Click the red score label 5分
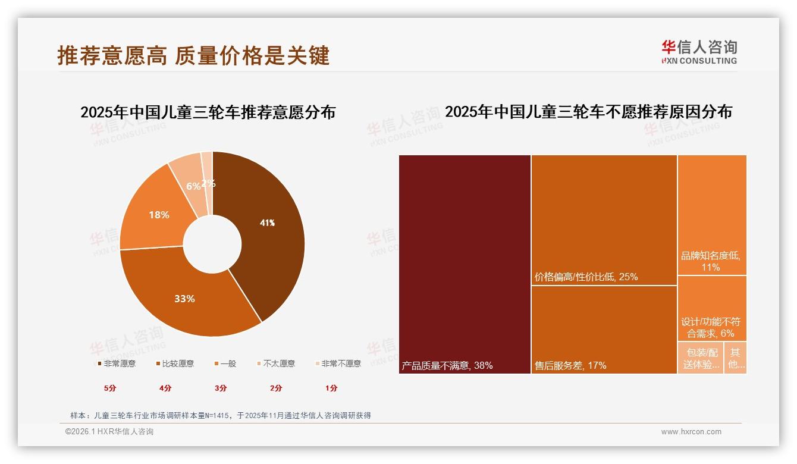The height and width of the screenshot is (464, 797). coord(110,388)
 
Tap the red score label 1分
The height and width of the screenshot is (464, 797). coord(331,388)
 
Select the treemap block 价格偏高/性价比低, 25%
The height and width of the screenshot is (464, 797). coord(604,220)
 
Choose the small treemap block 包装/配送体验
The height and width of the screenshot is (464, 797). coord(701,358)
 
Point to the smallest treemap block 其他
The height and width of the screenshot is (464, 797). coord(736,358)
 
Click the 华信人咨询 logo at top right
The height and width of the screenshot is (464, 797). coord(699,52)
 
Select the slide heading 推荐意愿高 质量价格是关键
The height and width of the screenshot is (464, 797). coord(193,55)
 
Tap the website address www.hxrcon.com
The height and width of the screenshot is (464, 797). coord(691,432)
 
